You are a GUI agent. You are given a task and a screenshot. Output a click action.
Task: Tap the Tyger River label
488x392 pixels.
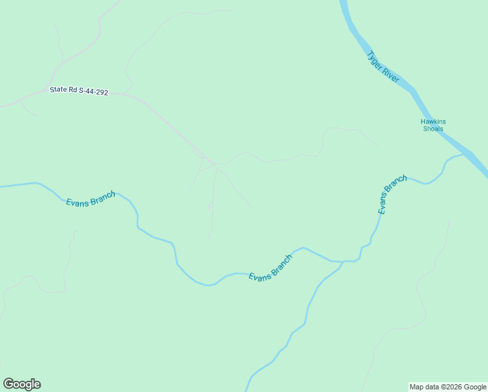click(383, 67)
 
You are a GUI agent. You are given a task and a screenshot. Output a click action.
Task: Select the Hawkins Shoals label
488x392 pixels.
click(433, 125)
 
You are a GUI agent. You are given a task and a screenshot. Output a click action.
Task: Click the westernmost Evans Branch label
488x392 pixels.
click(91, 199)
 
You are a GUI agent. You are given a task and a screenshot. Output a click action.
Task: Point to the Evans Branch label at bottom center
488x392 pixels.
click(270, 268)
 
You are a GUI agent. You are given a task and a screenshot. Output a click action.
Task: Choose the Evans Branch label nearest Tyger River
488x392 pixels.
click(392, 195)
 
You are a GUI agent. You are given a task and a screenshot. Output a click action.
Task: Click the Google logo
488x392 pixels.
click(22, 384)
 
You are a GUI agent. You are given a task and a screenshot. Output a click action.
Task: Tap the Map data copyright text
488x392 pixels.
click(448, 387)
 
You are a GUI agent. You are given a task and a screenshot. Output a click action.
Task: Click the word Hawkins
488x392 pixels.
click(433, 122)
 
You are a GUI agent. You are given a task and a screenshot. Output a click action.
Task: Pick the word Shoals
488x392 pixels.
click(433, 129)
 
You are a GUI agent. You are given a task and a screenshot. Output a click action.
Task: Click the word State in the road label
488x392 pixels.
click(58, 90)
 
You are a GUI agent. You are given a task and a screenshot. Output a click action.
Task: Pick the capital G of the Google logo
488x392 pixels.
click(9, 384)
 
